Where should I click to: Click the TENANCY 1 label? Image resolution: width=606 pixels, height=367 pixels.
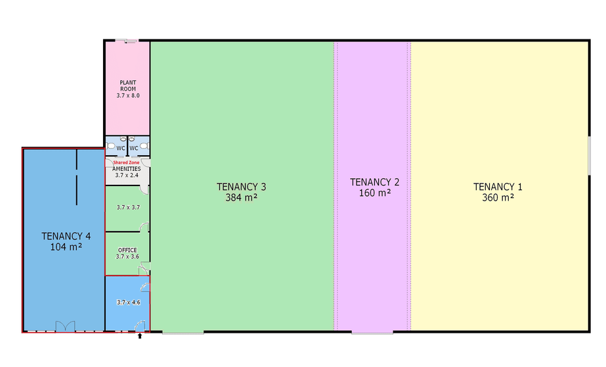[498, 187]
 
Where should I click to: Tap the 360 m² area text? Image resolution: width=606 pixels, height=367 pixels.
[498, 197]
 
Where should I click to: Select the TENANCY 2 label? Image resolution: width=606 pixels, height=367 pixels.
[374, 182]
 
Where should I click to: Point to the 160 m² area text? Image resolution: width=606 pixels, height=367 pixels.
[374, 193]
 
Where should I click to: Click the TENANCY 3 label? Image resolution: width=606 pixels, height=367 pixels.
[241, 187]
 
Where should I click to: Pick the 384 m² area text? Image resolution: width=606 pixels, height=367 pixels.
[241, 197]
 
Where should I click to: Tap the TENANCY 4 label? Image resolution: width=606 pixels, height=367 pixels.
[66, 236]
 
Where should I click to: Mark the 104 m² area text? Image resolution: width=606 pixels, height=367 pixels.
[66, 247]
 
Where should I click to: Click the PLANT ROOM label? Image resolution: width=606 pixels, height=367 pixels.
[128, 86]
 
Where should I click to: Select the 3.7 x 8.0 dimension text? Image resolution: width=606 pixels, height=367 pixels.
[128, 95]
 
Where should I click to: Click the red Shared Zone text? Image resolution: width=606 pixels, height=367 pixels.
[126, 162]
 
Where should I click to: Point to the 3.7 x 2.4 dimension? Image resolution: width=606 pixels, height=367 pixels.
[127, 176]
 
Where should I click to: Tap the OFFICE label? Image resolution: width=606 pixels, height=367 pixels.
[127, 250]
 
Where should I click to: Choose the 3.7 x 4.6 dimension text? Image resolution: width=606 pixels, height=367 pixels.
[128, 303]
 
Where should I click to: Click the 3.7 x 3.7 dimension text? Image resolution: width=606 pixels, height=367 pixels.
[128, 207]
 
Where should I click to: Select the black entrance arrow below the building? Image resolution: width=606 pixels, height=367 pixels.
[140, 336]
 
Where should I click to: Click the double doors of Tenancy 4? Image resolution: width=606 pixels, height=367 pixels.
[65, 326]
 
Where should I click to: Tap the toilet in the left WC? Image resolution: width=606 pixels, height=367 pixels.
[111, 146]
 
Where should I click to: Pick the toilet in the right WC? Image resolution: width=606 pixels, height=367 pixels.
[144, 146]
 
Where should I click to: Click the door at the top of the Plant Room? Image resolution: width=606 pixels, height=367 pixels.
[126, 41]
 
